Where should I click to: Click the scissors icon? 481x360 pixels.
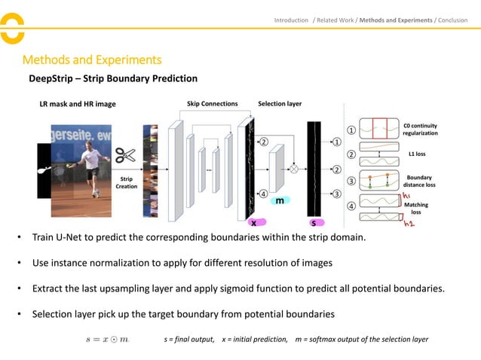(125, 156)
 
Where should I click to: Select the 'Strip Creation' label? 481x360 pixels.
(127, 182)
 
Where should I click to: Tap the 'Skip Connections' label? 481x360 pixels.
(212, 104)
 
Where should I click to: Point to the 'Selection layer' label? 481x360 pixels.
(280, 104)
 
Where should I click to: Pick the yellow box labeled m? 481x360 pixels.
(279, 201)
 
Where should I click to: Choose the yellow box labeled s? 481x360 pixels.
(313, 223)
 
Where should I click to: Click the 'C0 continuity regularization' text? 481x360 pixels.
(420, 129)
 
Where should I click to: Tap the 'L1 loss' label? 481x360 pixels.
(416, 154)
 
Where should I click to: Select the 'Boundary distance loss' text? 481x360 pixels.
(420, 182)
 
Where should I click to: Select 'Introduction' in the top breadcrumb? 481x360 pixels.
(291, 20)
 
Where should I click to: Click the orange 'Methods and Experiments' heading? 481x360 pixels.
(92, 59)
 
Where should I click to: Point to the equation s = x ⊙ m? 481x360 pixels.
(107, 340)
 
